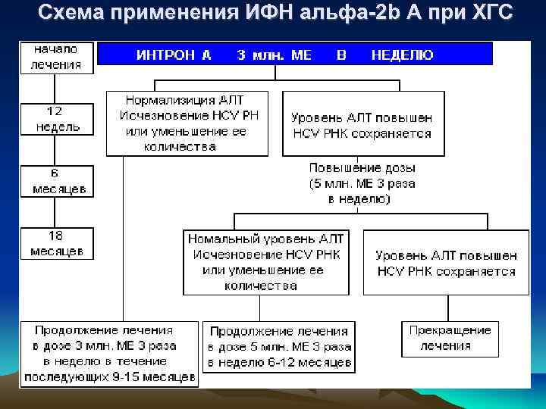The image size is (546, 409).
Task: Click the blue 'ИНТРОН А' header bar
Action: click(296, 54)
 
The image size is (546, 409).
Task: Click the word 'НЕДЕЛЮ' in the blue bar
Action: click(403, 55)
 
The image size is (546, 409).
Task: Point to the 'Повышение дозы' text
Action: click(362, 167)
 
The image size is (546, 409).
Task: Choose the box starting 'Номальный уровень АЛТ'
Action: click(266, 261)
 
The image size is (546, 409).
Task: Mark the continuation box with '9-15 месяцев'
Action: click(109, 353)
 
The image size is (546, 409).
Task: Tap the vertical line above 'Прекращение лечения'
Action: click(448, 308)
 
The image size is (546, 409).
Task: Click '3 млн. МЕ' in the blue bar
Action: click(274, 55)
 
